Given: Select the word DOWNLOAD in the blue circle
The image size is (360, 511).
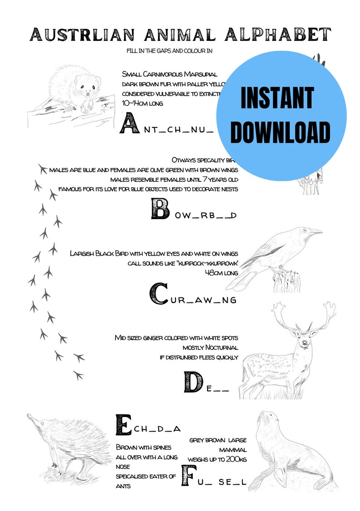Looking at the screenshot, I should click(x=280, y=132).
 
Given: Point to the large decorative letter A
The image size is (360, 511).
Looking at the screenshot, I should click(x=128, y=124).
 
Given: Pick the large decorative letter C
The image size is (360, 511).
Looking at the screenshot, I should click(x=159, y=293).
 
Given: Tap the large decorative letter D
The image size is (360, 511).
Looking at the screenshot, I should click(x=193, y=382).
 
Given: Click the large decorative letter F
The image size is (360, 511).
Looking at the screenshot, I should click(x=189, y=475).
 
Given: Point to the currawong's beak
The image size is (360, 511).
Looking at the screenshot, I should click(x=316, y=232).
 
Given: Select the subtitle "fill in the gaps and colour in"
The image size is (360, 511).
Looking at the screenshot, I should click(x=170, y=51).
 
